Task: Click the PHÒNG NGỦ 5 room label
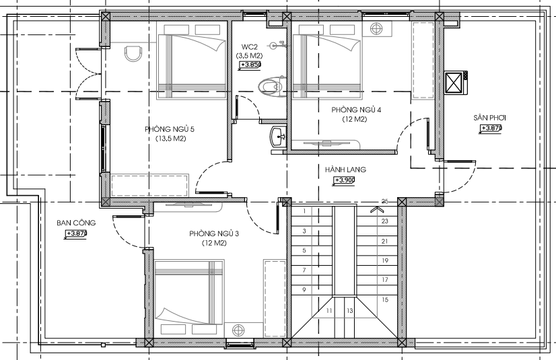[x=169, y=129]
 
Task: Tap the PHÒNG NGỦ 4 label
[x=356, y=110]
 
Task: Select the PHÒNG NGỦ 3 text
[x=214, y=233]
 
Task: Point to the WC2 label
[x=249, y=47]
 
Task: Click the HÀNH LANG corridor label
[x=345, y=170]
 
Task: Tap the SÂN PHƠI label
[x=489, y=118]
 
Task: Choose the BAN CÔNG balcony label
[x=76, y=223]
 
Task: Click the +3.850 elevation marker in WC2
[x=250, y=65]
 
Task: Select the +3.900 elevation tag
[x=343, y=180]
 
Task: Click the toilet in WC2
[x=272, y=86]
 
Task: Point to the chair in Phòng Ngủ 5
[x=133, y=54]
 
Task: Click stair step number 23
[x=385, y=221]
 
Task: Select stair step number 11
[x=329, y=311]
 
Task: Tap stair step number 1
[x=304, y=211]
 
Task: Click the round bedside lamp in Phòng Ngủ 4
[x=376, y=28]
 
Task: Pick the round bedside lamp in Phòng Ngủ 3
[x=238, y=330]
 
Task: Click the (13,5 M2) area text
[x=170, y=139]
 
